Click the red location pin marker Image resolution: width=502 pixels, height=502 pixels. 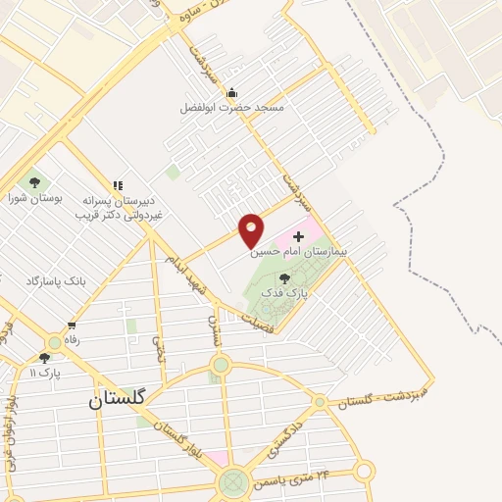pos(252,229)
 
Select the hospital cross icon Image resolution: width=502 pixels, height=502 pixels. pos(299,236)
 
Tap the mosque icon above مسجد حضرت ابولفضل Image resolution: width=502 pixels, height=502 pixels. pos(231,93)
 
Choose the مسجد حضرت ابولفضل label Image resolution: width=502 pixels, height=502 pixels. pos(231,108)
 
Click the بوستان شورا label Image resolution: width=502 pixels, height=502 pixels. pos(35,197)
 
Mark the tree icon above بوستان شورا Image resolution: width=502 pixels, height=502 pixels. pos(35,181)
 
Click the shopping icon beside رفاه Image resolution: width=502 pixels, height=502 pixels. pos(72,326)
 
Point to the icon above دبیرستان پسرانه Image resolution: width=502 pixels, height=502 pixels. pos(118,184)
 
